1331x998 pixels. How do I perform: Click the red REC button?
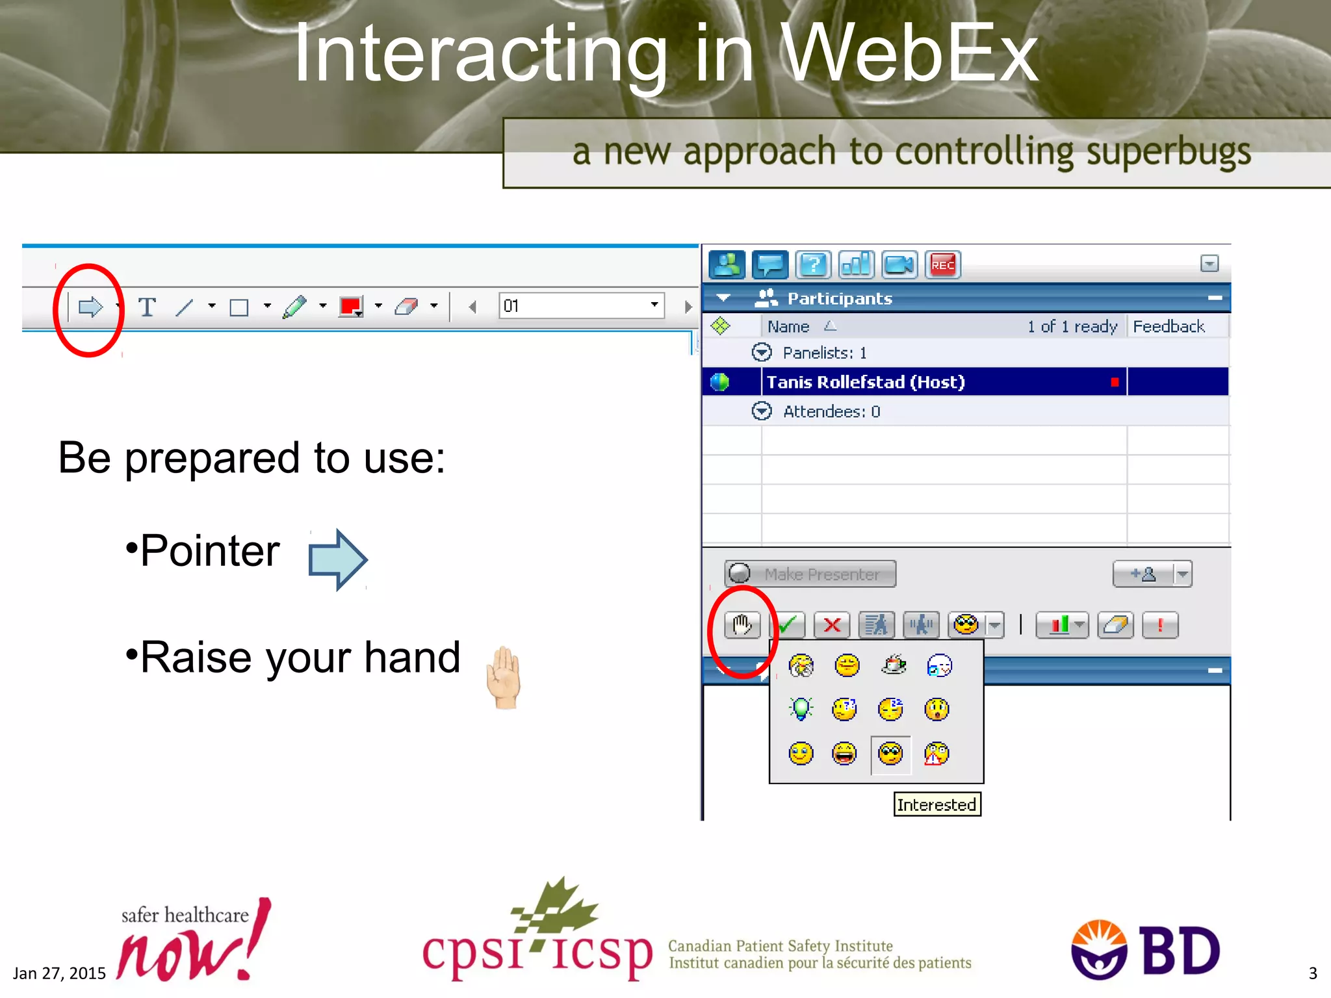click(x=942, y=264)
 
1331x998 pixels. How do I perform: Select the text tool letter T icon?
click(x=147, y=307)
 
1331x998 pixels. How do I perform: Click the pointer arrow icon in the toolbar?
click(x=90, y=307)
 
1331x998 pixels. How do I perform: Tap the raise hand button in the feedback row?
click(x=742, y=625)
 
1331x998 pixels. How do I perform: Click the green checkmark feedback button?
click(x=788, y=625)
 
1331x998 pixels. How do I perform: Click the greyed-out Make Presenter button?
click(x=810, y=574)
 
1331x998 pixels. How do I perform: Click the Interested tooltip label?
click(x=937, y=804)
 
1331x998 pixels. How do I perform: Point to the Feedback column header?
click(x=1169, y=326)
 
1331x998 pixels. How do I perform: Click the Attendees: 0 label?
click(x=831, y=411)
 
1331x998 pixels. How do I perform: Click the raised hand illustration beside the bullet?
click(x=504, y=677)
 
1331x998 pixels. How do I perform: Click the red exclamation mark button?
click(x=1159, y=625)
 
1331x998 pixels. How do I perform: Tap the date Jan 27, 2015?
click(x=59, y=973)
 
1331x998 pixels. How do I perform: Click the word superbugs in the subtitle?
click(x=1168, y=152)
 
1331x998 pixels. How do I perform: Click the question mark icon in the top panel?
click(x=813, y=264)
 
